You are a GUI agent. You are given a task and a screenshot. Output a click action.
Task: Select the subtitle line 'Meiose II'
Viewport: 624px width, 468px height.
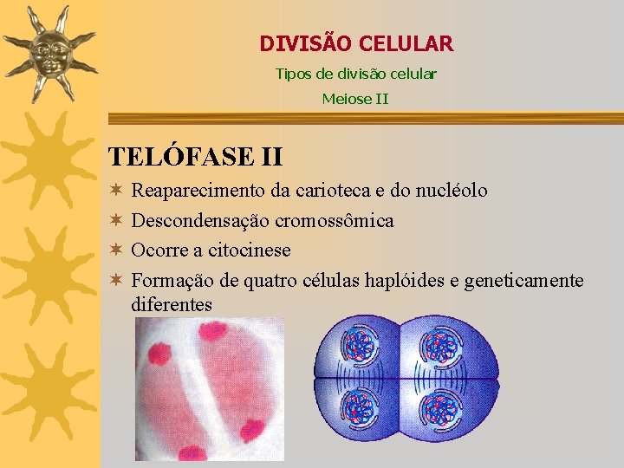355,99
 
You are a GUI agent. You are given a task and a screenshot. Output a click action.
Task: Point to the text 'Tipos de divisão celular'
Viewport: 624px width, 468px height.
355,74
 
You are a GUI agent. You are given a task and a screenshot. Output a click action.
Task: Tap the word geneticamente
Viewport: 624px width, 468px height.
524,281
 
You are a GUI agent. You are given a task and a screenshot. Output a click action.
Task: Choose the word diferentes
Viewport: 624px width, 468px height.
172,304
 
